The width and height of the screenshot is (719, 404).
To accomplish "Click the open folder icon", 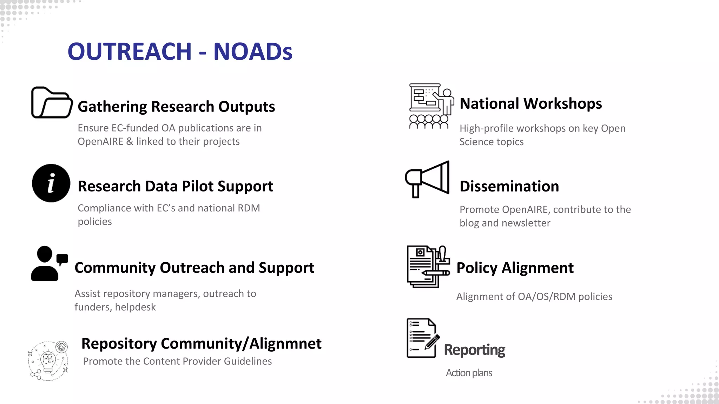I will tap(52, 102).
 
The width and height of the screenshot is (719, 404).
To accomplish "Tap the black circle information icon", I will tap(51, 183).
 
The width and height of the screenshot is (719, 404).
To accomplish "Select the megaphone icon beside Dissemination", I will tap(427, 179).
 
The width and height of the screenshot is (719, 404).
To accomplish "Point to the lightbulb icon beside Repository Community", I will tap(48, 361).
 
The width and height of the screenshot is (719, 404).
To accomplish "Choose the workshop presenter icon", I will tap(431, 106).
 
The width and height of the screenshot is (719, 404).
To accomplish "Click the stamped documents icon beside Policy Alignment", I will tap(428, 267).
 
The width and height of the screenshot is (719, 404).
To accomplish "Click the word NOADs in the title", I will tap(253, 52).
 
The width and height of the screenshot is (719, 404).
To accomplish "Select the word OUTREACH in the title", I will tap(130, 52).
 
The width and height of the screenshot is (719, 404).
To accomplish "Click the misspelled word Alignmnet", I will tap(285, 344).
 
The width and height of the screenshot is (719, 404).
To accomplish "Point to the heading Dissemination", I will tap(509, 187).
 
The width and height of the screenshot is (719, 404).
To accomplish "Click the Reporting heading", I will tap(474, 350).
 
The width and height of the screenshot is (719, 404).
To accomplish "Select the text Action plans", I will tap(469, 373).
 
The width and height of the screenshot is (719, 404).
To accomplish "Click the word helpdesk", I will tap(135, 307).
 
